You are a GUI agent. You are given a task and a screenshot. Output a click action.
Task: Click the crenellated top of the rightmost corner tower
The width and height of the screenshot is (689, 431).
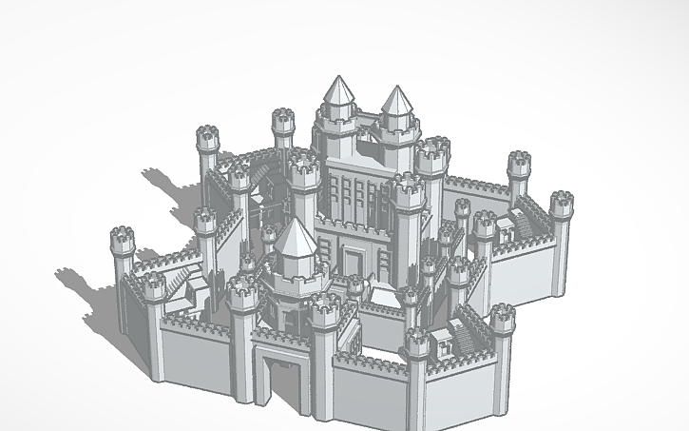[562, 204]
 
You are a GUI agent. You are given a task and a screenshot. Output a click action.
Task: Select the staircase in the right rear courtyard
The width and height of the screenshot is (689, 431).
[526, 224]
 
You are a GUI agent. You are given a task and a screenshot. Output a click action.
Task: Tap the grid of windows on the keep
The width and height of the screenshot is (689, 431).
[359, 195]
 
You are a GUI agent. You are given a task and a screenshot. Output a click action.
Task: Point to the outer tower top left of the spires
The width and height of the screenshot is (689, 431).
[283, 121]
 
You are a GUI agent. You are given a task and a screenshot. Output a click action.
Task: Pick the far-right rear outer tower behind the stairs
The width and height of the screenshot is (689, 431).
[518, 165]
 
